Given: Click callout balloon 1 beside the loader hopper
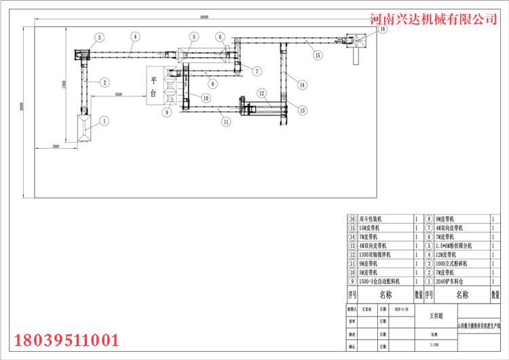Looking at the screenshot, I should click(105, 121).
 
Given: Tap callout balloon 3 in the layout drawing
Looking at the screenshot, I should click(99, 37).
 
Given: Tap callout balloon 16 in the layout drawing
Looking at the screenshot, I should click(382, 30).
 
